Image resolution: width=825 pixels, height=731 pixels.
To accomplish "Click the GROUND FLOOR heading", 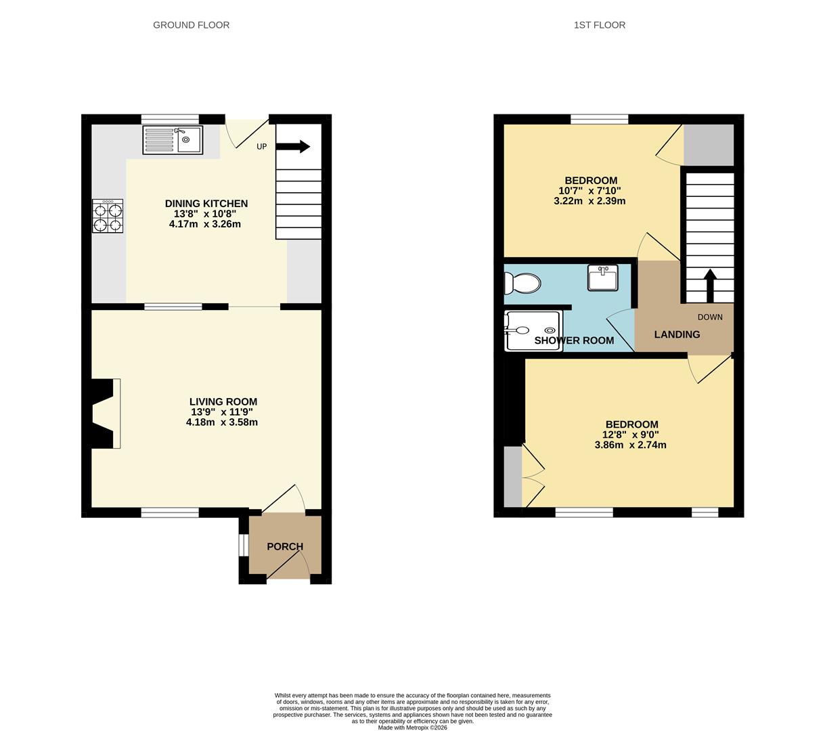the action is pos(191,25).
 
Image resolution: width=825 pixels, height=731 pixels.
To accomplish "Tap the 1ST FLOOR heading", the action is pos(600,25).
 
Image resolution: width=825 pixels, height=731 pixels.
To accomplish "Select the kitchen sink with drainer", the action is pos(173,139).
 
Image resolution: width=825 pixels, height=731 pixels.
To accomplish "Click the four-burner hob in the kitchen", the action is pos(108,216).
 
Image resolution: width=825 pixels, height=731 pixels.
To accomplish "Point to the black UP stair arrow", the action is pos(293,146).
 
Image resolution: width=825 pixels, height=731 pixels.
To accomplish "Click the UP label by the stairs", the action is pos(261,146).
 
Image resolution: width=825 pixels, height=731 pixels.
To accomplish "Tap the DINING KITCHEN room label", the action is pos(206,203).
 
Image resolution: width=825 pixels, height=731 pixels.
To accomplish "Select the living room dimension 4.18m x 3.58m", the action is pos(221,422).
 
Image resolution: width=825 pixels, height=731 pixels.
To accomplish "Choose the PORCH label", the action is pos(285,546).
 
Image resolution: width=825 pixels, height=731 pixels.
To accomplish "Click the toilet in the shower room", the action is pos(522,283).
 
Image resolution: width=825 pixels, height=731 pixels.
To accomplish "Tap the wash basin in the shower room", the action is pos(602,278).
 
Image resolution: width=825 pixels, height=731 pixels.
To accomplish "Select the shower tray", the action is pos(533,331).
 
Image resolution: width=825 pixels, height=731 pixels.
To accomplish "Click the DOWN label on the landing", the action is pos(710,317).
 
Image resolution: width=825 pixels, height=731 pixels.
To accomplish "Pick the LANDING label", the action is pos(677,334).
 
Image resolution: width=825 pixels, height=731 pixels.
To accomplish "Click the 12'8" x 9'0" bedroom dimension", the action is pos(630,435).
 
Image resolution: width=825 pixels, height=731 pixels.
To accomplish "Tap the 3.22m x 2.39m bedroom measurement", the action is pos(589,201).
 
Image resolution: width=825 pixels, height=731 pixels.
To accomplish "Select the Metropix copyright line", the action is pos(413,728).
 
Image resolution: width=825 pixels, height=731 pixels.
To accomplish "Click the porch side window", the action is pos(243,544).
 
